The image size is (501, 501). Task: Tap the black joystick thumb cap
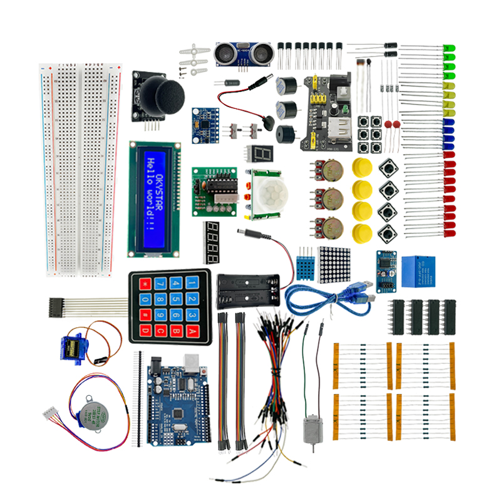click(162, 95)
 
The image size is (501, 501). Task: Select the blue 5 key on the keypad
click(175, 299)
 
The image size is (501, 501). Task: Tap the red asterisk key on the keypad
click(145, 283)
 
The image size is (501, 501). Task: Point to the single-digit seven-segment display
click(260, 155)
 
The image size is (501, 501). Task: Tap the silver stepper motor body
click(91, 410)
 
